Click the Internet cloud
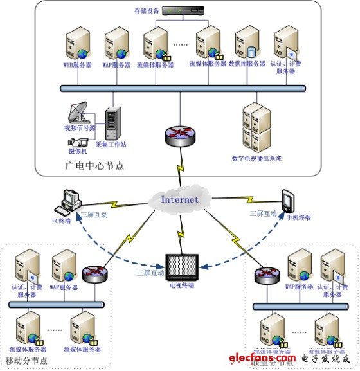[179, 199]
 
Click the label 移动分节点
[26, 361]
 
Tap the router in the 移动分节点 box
[95, 273]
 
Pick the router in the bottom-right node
[265, 275]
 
